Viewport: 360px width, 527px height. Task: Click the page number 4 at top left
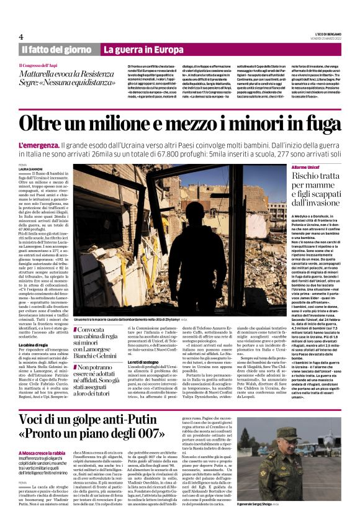pos(20,37)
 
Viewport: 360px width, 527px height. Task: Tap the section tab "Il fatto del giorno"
pos(57,50)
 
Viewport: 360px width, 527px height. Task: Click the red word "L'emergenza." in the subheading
pos(40,145)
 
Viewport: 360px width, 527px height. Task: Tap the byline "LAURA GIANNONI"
pos(32,169)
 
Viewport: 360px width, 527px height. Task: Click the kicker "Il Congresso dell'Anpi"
pos(41,65)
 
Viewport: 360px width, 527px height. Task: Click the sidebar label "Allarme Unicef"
pos(306,168)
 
